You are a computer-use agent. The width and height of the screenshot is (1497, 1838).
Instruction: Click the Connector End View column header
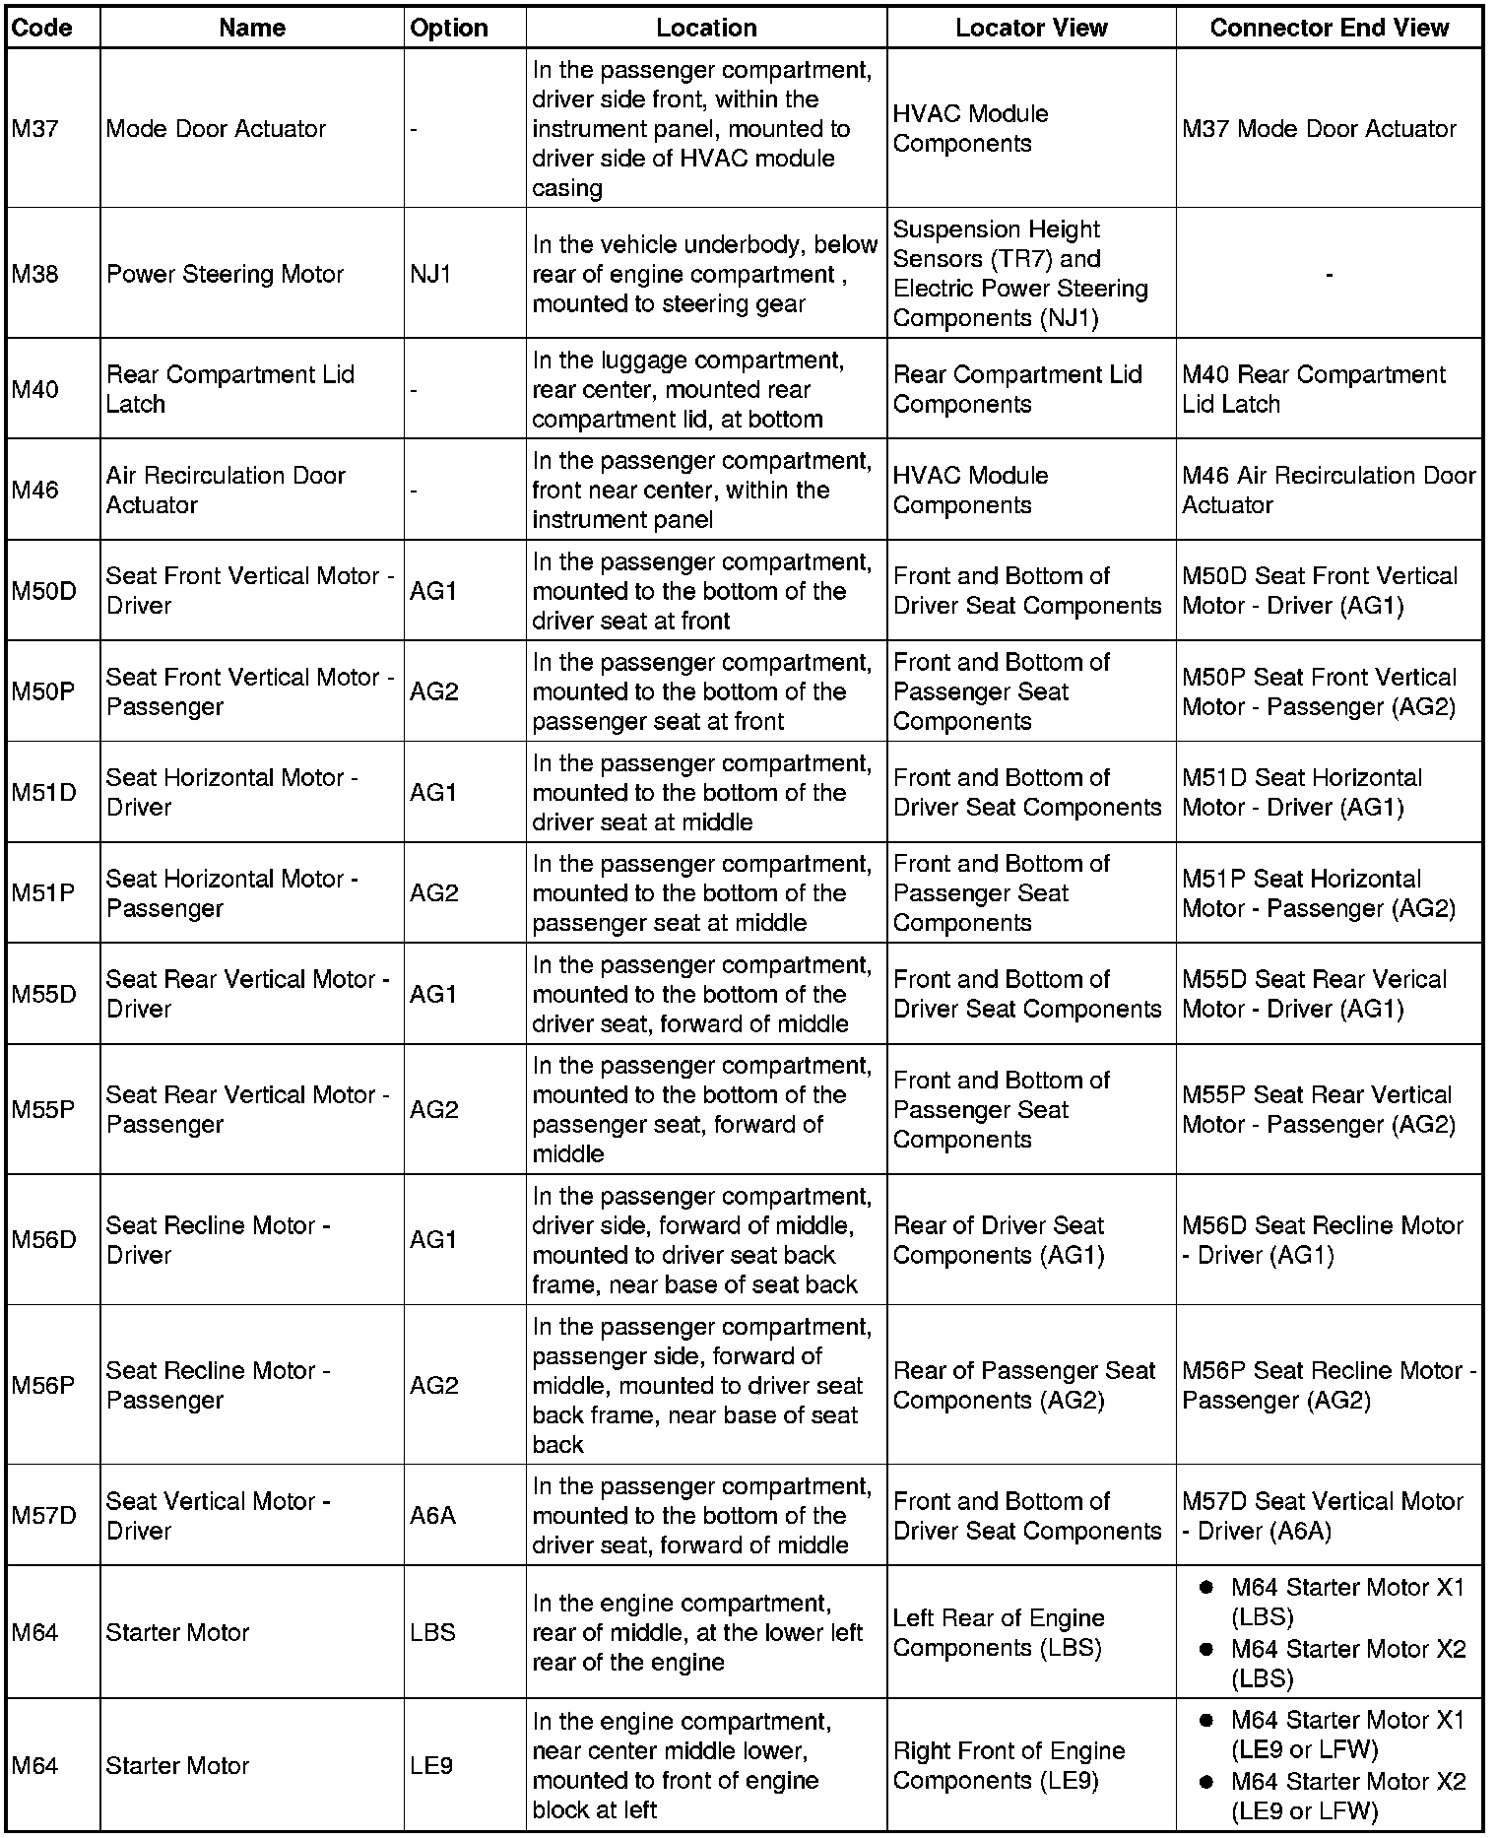pos(1329,28)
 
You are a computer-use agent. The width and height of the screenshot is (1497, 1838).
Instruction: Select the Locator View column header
pos(1031,28)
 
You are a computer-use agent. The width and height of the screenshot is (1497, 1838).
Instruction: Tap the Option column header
pos(449,28)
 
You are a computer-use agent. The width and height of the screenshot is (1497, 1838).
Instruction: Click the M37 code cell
pos(35,129)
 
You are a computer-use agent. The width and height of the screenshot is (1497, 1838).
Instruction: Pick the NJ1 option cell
pos(430,274)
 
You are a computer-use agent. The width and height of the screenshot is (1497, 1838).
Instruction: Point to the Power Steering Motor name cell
pos(225,274)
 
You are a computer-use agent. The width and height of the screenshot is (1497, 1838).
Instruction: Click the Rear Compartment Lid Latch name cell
pos(229,389)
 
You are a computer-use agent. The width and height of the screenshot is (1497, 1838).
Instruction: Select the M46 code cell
pos(35,491)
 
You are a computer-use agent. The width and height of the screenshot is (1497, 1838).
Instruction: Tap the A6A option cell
pos(432,1516)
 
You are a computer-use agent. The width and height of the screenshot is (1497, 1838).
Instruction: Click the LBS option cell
pos(432,1632)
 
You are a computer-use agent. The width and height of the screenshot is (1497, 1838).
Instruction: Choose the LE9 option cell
pos(431,1765)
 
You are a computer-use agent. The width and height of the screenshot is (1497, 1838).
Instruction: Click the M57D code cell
pos(43,1516)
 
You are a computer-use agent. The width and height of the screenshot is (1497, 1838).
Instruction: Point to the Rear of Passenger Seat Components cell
pos(1024,1385)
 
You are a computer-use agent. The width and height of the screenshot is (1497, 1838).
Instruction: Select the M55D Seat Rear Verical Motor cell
pos(1314,994)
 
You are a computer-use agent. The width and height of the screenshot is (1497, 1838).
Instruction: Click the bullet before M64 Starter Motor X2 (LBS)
pos(1204,1649)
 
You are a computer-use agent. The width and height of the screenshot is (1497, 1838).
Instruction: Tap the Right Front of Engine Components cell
pos(1009,1765)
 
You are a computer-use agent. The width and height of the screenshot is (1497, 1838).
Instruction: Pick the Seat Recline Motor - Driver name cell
pos(218,1240)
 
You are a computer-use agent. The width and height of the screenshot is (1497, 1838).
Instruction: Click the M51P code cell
pos(43,893)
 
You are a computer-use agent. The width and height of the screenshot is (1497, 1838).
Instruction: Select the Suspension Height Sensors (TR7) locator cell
pos(1020,274)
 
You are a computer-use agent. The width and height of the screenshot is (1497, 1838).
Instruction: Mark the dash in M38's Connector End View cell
pos(1329,275)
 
